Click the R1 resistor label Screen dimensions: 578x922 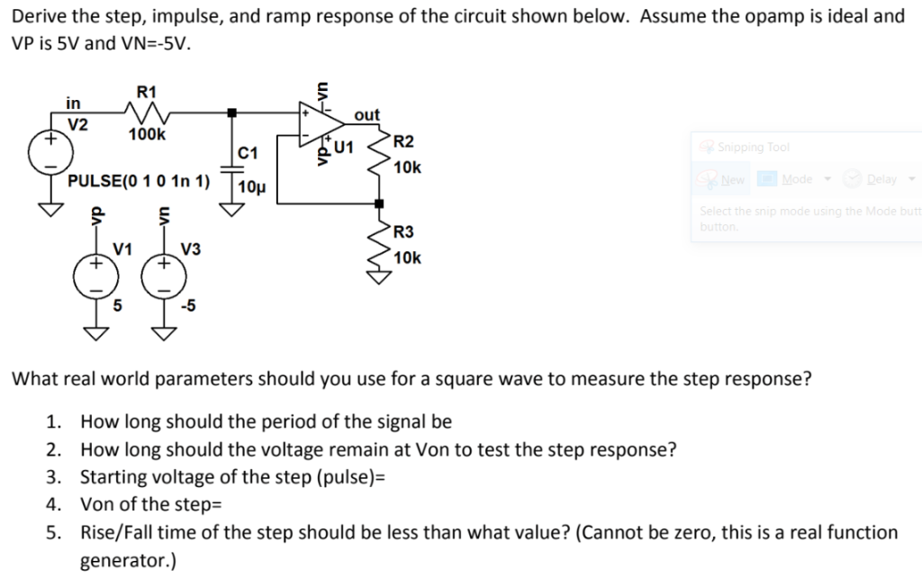point(146,91)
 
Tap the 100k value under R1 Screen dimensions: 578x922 point(147,134)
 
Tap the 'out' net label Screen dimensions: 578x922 point(367,115)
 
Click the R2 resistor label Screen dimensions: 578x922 point(404,142)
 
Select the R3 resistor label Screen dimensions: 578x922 point(404,233)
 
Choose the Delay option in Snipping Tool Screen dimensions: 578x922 point(881,179)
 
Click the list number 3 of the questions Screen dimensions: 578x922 point(54,476)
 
